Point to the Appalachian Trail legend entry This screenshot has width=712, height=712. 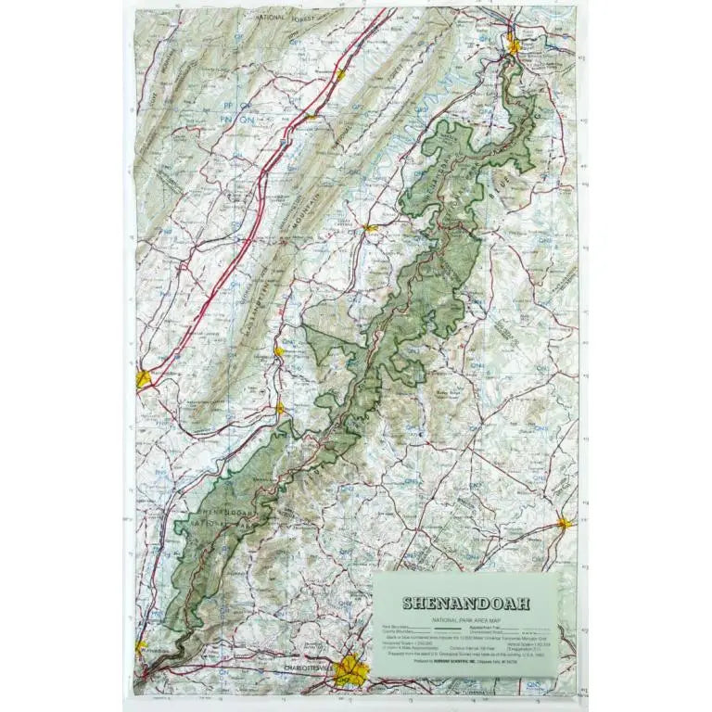tap(502, 627)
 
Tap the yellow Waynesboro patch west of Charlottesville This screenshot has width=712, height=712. tap(142, 646)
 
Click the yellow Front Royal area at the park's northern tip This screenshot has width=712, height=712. tap(514, 44)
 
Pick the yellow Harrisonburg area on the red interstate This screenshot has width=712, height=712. tap(144, 378)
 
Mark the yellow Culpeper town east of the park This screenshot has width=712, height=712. tap(564, 524)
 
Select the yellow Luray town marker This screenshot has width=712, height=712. tap(370, 227)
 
